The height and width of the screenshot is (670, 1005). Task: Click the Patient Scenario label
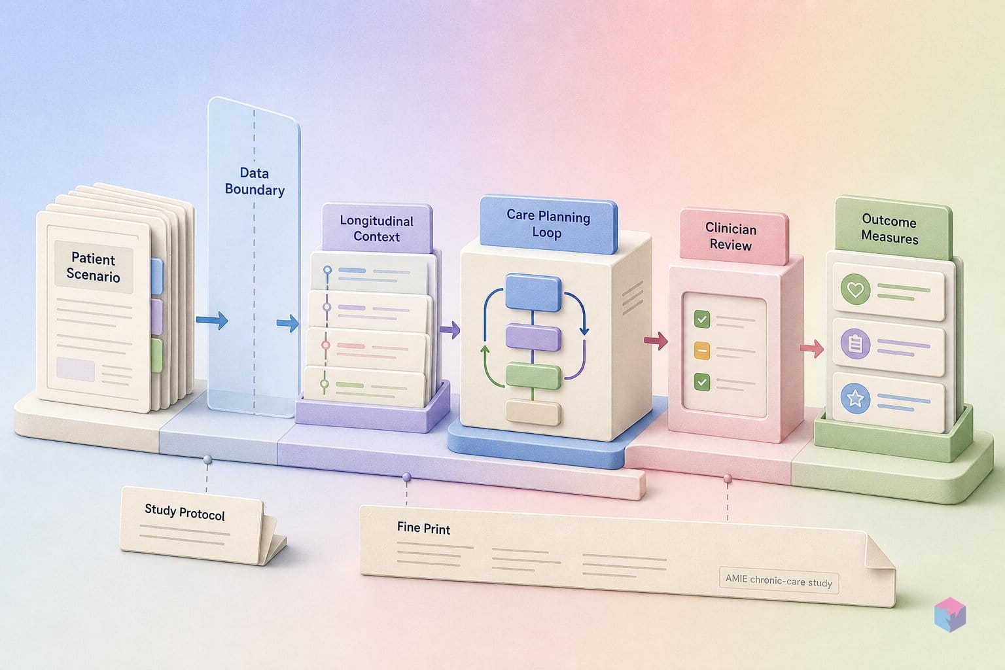94,267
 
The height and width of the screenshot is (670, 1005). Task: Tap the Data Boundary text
255,181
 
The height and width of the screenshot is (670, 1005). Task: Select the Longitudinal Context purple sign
377,228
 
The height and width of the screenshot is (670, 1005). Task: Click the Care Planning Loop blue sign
548,224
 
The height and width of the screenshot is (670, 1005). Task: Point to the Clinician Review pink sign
733,236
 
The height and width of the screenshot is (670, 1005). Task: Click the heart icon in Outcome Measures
856,289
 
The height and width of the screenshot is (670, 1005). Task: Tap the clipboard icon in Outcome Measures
855,344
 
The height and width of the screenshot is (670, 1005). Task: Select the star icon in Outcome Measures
855,398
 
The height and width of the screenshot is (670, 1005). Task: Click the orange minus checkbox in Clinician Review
702,351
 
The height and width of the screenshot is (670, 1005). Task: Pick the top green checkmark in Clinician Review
702,319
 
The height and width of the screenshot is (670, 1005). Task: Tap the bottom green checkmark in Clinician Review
702,382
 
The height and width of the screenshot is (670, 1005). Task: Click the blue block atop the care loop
533,292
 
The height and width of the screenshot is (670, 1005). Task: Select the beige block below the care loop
533,413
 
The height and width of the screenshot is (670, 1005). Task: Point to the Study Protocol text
185,512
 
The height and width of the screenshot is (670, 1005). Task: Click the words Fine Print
423,528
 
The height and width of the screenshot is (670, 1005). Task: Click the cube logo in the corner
950,614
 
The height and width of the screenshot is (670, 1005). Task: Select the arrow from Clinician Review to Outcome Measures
811,348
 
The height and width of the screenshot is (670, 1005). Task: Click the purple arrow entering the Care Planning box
450,330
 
